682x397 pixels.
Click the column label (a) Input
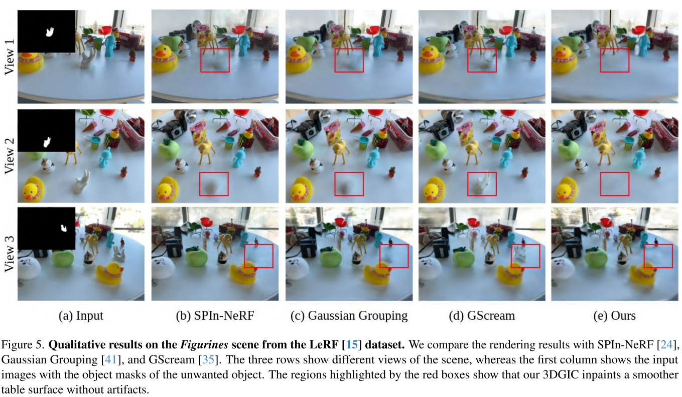(x=81, y=316)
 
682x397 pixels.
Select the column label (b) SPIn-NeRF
(x=214, y=316)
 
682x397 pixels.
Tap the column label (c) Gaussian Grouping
(x=349, y=316)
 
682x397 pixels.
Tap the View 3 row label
(x=9, y=254)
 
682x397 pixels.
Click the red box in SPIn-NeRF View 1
(x=215, y=60)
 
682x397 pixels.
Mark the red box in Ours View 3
(x=658, y=256)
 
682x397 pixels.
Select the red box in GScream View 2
(x=482, y=184)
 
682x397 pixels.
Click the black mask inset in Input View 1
(x=46, y=31)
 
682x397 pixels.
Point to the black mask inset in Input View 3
(x=46, y=229)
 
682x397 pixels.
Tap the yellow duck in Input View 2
(x=33, y=189)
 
